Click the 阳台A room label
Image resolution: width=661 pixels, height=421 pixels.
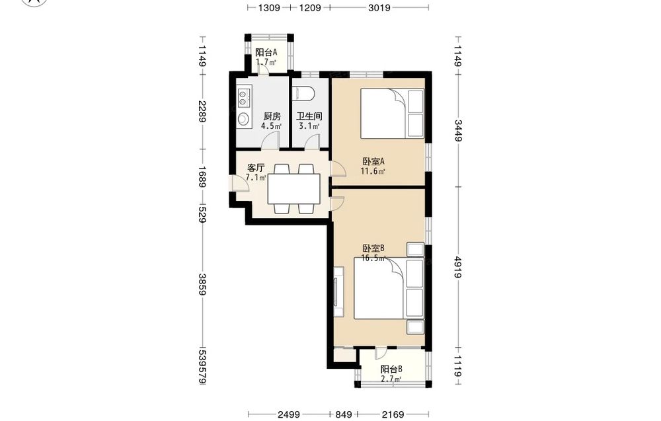click(x=266, y=53)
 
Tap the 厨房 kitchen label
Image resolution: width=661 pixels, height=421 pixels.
click(x=272, y=116)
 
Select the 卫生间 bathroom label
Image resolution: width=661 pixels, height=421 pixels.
click(x=309, y=116)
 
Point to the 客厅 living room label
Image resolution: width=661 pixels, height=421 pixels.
click(x=255, y=168)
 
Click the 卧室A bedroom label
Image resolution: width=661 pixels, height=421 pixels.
click(x=373, y=161)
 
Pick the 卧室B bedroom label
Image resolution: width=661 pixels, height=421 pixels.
click(x=373, y=249)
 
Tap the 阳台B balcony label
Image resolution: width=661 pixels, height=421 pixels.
click(x=391, y=369)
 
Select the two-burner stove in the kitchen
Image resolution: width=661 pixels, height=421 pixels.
click(x=244, y=97)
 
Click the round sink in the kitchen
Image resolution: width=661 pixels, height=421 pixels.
click(x=244, y=118)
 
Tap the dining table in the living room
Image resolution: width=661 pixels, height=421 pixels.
click(x=294, y=189)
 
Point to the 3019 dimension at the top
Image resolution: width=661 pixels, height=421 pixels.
click(x=379, y=7)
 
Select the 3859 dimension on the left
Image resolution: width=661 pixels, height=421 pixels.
click(x=202, y=284)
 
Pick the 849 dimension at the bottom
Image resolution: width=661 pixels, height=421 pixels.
click(x=344, y=414)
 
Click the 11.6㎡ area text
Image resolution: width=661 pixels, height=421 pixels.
click(x=373, y=171)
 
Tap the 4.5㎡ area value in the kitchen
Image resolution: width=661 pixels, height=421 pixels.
click(x=272, y=126)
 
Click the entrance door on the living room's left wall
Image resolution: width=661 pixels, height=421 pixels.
click(x=240, y=183)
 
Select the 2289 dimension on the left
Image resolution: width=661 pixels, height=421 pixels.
click(x=202, y=111)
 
